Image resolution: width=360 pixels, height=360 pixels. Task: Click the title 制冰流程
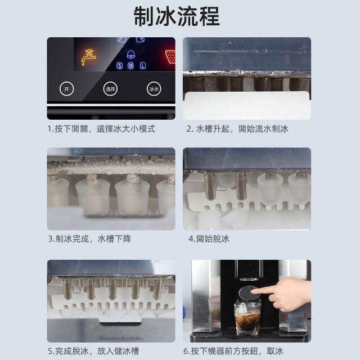[177, 16]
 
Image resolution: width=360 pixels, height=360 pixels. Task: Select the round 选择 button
[110, 89]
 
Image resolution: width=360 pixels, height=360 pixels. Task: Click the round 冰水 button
[154, 89]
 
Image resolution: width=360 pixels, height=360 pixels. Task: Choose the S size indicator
[119, 66]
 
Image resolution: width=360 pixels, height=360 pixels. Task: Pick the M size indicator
[131, 66]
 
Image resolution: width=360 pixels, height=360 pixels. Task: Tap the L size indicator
[143, 66]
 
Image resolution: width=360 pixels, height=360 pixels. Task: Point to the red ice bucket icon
[170, 56]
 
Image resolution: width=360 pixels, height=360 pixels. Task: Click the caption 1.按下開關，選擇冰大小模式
[101, 129]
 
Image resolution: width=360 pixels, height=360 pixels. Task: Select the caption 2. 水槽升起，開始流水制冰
[237, 129]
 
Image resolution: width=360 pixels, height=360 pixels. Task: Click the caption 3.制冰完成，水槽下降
[89, 238]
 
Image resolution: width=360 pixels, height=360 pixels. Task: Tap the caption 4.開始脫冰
[209, 238]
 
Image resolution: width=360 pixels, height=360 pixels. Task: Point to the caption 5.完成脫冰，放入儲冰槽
[93, 351]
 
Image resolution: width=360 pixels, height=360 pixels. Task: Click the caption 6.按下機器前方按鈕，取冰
[233, 351]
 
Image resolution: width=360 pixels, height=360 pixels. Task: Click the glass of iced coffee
[247, 318]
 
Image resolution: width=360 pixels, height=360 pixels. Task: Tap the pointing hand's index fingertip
[253, 291]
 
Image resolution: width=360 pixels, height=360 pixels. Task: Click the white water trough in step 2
[247, 105]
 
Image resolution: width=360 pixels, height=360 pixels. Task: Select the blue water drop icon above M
[131, 55]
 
